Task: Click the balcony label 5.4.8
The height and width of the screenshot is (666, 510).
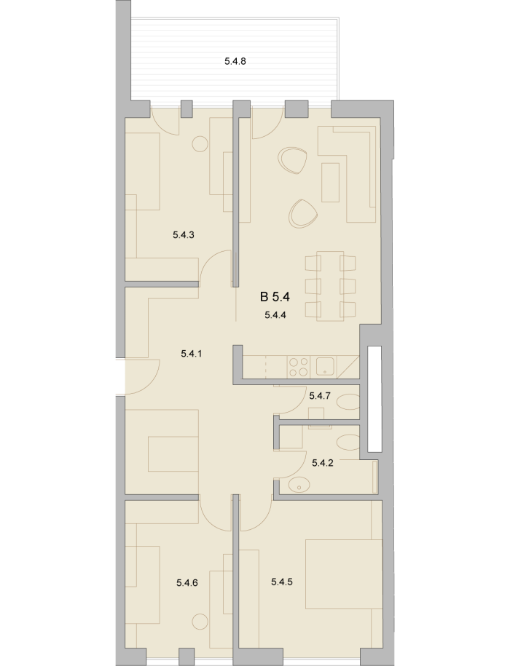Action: pyautogui.click(x=235, y=61)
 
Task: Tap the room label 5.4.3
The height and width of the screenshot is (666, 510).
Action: pyautogui.click(x=184, y=234)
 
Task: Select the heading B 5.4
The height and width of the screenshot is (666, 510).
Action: pyautogui.click(x=275, y=297)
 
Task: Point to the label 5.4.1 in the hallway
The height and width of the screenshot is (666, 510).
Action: pyautogui.click(x=191, y=354)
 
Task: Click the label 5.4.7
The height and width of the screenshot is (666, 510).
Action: pyautogui.click(x=320, y=396)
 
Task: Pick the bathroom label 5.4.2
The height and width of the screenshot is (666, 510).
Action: pyautogui.click(x=323, y=463)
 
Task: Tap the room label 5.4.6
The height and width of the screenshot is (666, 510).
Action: pyautogui.click(x=187, y=583)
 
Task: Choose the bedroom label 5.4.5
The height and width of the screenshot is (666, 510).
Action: pyautogui.click(x=282, y=582)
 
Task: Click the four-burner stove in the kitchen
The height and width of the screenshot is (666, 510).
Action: pyautogui.click(x=299, y=367)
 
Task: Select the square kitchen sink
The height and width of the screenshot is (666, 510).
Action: pyautogui.click(x=326, y=367)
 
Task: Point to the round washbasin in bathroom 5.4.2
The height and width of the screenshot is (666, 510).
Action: pyautogui.click(x=299, y=484)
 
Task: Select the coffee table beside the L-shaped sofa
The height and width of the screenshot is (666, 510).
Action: pyautogui.click(x=330, y=182)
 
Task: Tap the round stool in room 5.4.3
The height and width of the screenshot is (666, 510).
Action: pyautogui.click(x=200, y=144)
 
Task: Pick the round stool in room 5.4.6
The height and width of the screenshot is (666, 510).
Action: pyautogui.click(x=200, y=622)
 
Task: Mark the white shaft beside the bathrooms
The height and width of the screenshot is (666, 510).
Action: pyautogui.click(x=374, y=399)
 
